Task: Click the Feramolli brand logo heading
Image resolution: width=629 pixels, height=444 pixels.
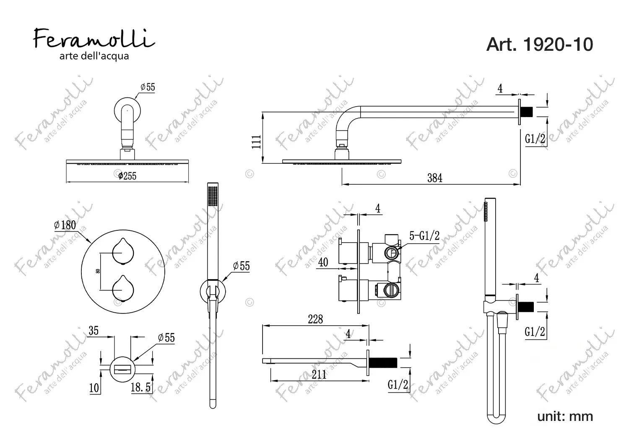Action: [x=94, y=39]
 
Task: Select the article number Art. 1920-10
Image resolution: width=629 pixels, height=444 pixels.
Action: [x=539, y=44]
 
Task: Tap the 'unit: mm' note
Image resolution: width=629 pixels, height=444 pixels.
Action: [x=565, y=416]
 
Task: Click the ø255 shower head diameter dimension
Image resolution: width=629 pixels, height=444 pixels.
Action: [x=127, y=176]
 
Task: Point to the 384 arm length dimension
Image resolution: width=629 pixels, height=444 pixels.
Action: [x=435, y=178]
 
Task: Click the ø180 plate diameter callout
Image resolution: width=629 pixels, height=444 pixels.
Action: [x=65, y=225]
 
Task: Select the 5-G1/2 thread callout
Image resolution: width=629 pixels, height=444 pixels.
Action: [x=424, y=235]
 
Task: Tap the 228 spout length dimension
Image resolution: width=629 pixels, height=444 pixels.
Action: [x=315, y=319]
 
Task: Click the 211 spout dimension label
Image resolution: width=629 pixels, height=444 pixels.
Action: [x=319, y=375]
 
